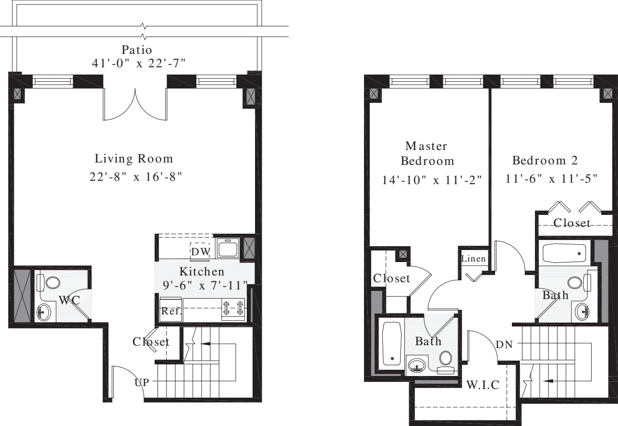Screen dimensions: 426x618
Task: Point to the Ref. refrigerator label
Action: pyautogui.click(x=171, y=311)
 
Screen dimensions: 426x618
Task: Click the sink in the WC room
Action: pyautogui.click(x=45, y=313)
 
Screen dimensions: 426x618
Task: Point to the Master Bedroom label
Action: pyautogui.click(x=427, y=153)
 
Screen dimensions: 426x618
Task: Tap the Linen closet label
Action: pyautogui.click(x=474, y=259)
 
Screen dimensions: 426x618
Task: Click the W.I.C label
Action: pyautogui.click(x=483, y=385)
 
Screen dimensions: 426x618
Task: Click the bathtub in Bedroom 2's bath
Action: pyautogui.click(x=564, y=252)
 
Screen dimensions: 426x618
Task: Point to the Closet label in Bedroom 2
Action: pyautogui.click(x=571, y=223)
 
